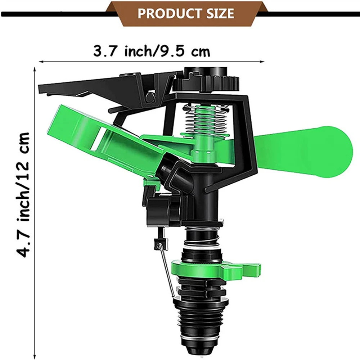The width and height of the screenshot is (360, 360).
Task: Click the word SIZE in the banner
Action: tap(216, 13)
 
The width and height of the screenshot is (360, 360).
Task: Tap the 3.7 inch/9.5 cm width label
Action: tap(152, 51)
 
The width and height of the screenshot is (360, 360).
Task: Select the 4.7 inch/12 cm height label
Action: tap(23, 195)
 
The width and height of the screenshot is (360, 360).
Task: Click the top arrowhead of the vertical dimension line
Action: tap(35, 69)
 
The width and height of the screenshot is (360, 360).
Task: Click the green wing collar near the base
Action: tap(216, 269)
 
